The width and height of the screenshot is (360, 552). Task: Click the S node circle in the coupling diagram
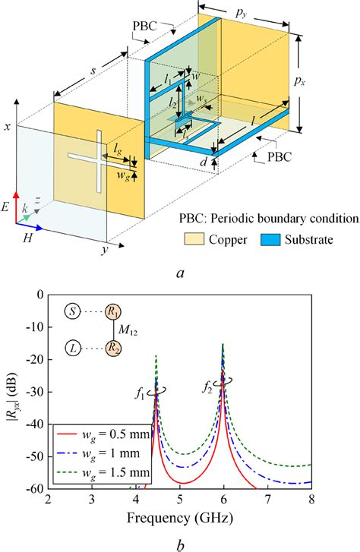pyautogui.click(x=71, y=312)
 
